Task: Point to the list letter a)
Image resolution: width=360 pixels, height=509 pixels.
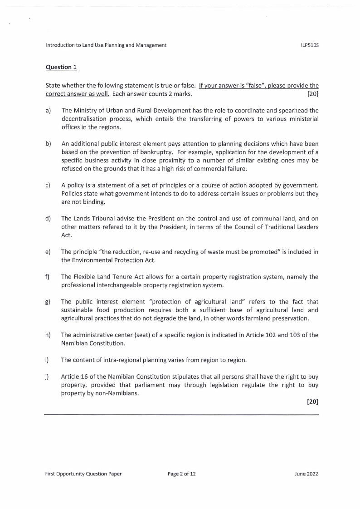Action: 48,110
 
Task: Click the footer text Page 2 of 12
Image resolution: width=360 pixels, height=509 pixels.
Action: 181,474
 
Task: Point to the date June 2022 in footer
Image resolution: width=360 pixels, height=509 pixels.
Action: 306,474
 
